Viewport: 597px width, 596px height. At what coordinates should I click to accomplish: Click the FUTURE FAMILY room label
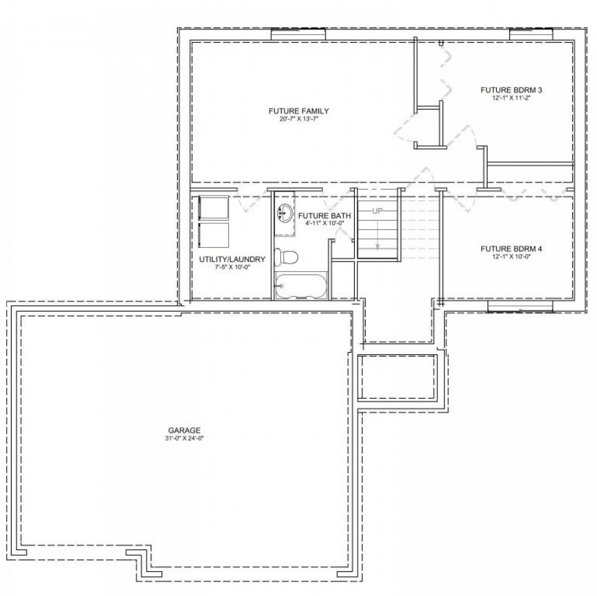tap(298, 111)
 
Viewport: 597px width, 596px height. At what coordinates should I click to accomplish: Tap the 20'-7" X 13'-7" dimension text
tap(298, 119)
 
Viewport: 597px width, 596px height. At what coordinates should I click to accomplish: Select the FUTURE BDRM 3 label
tap(511, 90)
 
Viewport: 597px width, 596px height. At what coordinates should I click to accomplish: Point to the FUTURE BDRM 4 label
tap(511, 249)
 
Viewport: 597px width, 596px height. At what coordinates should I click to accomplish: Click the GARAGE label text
tap(184, 430)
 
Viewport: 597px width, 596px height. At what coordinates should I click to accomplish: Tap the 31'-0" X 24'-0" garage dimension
tap(184, 438)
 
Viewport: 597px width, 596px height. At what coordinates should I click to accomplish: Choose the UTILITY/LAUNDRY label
tap(232, 259)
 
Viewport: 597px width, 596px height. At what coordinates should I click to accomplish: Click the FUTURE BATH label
tap(324, 216)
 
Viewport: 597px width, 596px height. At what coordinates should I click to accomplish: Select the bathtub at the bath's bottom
tap(301, 286)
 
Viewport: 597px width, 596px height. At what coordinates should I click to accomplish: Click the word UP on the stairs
tap(377, 211)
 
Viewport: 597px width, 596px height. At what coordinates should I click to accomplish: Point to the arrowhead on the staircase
tap(377, 247)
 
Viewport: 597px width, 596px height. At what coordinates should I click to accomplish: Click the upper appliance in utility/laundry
tap(214, 207)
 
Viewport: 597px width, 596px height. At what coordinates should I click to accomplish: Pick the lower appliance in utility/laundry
tap(214, 235)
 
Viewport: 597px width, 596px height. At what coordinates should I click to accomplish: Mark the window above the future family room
tap(298, 34)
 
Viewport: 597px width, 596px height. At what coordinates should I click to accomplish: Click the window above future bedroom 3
tap(531, 34)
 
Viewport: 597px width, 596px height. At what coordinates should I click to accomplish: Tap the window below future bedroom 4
tap(520, 307)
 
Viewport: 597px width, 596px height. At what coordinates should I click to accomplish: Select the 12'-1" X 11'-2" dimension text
tap(511, 98)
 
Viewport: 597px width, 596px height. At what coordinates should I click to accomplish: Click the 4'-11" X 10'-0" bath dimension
tap(324, 223)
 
